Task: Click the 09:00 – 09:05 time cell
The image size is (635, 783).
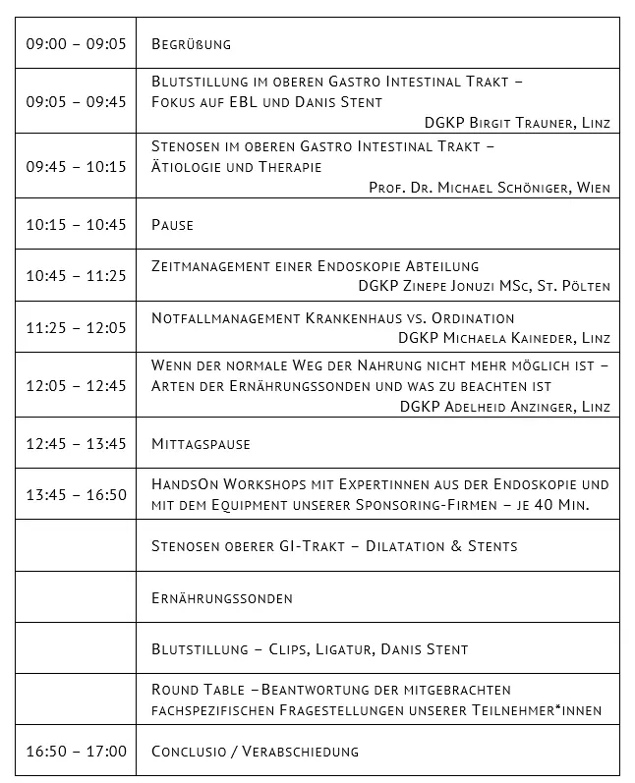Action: point(76,44)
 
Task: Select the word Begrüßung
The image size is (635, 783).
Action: point(192,44)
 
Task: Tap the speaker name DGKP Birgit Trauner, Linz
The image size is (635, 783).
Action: point(517,123)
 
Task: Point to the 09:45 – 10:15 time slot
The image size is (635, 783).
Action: point(76,166)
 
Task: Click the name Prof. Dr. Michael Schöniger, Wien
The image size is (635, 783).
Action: point(490,188)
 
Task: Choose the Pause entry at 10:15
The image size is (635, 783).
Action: point(172,225)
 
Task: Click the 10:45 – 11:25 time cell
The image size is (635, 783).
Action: point(76,276)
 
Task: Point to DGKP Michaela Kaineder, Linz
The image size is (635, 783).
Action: point(504,338)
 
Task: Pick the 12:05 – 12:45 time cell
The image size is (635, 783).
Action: point(76,385)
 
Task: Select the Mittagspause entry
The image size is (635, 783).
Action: point(201,444)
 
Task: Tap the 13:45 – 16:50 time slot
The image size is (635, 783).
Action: point(76,494)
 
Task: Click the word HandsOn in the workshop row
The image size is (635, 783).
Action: point(183,484)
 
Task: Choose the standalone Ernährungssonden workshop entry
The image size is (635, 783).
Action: point(222,597)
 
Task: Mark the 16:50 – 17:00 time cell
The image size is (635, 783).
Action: point(76,752)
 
